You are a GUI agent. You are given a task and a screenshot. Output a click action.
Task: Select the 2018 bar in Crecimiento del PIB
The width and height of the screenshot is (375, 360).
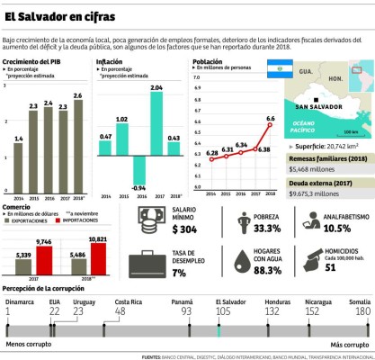pos(78,144)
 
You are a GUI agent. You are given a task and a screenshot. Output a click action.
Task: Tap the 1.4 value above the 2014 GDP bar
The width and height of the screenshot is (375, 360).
pos(19,138)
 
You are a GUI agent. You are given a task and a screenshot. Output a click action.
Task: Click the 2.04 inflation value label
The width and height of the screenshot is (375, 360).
pos(156,86)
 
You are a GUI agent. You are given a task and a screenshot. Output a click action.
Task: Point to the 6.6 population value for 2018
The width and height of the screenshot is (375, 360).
pos(271,118)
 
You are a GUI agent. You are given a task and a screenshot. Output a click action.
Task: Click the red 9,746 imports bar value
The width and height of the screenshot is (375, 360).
pos(43,241)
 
